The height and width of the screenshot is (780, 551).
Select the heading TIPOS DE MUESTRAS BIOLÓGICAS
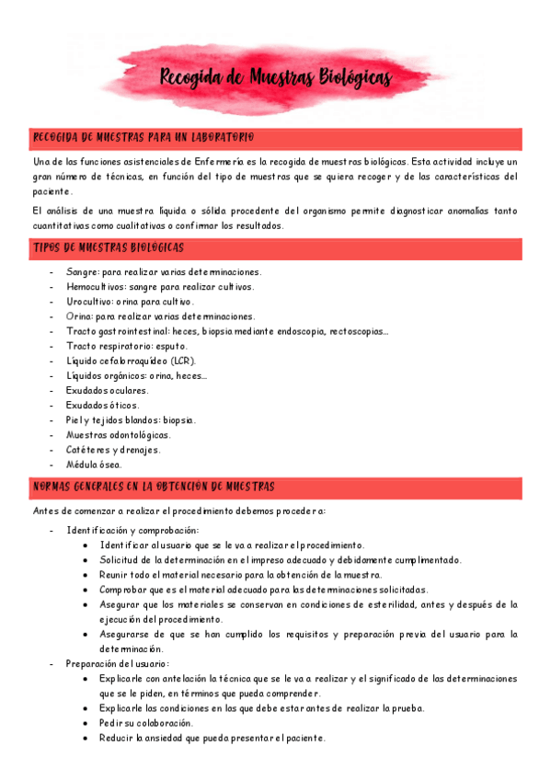pos(109,248)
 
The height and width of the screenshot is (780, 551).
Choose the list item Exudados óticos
pos(103,405)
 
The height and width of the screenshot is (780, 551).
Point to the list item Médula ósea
pos(94,465)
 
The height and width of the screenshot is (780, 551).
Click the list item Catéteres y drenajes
pos(112,450)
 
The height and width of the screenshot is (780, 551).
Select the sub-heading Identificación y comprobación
pos(132,530)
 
